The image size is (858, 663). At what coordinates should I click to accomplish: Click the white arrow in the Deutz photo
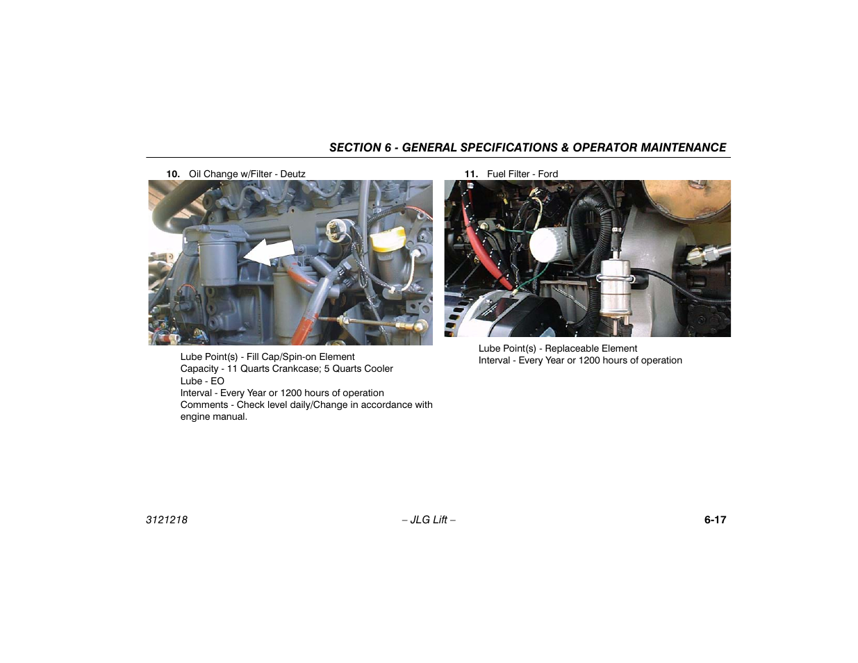click(270, 252)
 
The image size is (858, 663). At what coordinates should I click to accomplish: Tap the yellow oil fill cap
click(386, 241)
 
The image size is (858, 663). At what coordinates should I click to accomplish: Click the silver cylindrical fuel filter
click(612, 286)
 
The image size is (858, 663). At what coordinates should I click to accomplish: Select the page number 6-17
click(715, 520)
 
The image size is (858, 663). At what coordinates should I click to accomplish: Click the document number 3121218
click(167, 520)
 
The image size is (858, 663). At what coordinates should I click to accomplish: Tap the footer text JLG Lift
click(429, 520)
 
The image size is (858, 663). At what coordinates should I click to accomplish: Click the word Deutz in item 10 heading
click(292, 174)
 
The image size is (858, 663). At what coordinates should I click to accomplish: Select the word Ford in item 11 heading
click(547, 174)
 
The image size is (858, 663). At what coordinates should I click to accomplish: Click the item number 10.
click(172, 174)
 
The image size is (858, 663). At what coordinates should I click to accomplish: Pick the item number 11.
click(470, 174)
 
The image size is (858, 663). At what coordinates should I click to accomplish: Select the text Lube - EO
click(202, 381)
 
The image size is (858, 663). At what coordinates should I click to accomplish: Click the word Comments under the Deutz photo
click(205, 404)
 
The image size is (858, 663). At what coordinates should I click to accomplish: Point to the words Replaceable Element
click(591, 348)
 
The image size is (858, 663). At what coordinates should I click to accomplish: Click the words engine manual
click(213, 416)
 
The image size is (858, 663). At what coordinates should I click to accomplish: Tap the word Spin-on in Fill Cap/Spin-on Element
click(308, 357)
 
